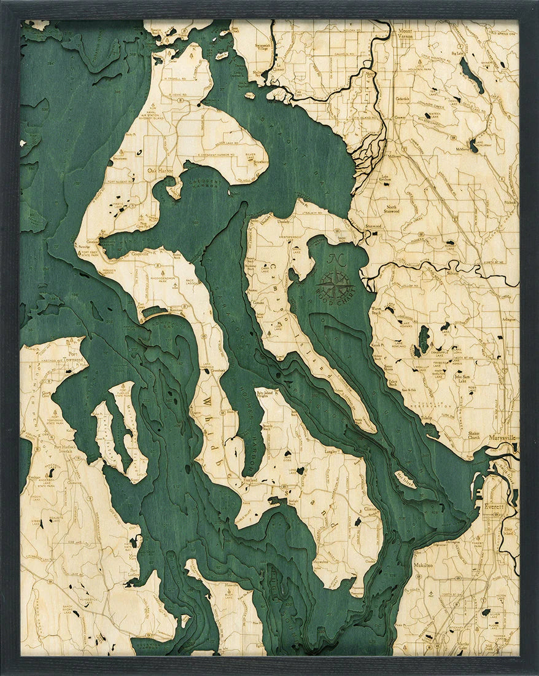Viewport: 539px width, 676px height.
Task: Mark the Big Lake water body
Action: (471, 74)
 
